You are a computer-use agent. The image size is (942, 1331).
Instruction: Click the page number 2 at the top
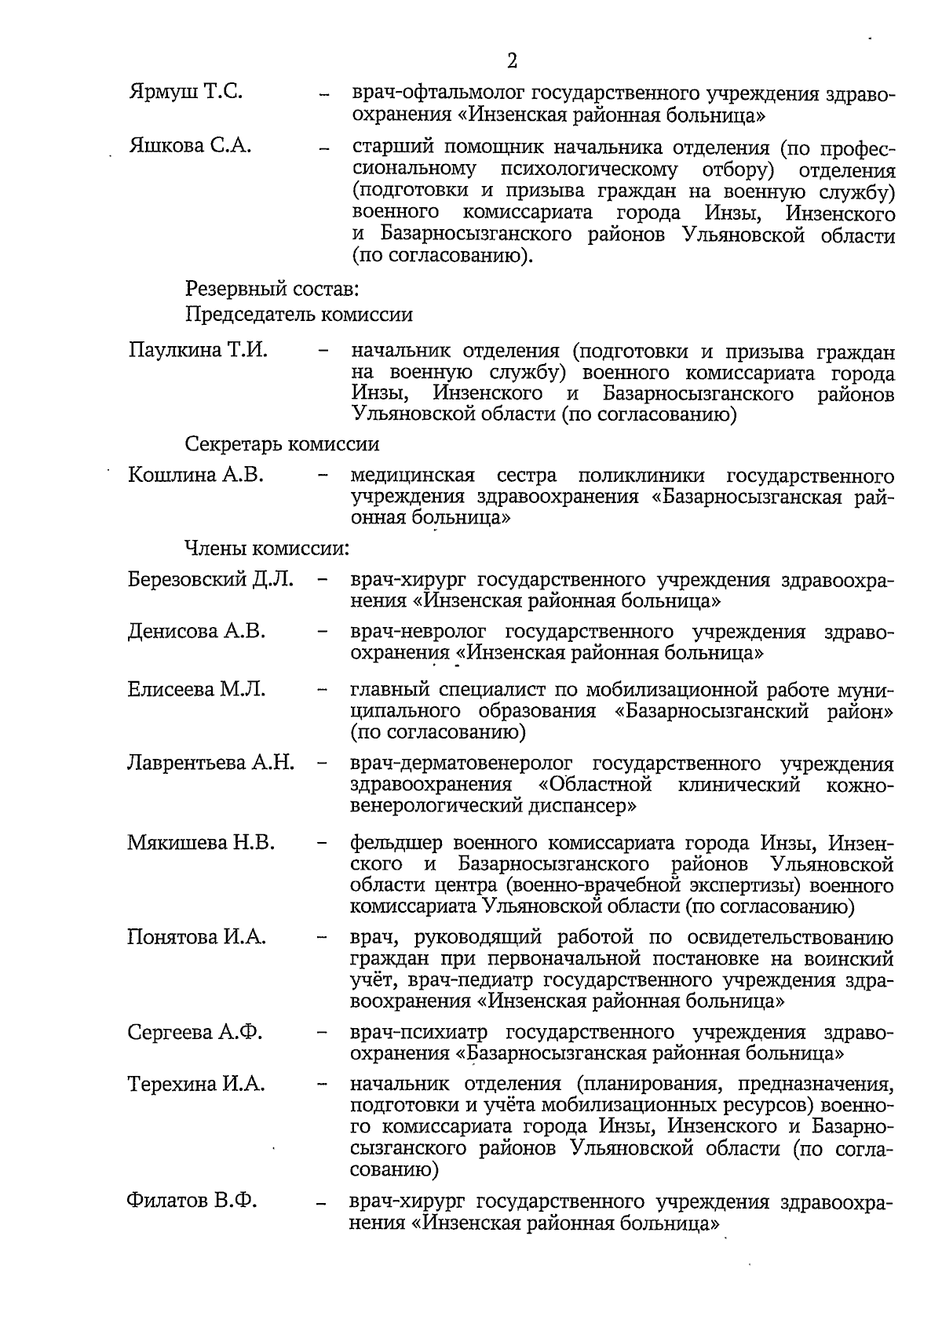tap(512, 61)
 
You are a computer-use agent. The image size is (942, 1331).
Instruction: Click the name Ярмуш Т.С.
tap(185, 93)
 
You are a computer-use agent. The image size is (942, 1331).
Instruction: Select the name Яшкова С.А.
tap(190, 146)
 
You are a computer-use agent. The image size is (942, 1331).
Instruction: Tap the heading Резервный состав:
tap(272, 290)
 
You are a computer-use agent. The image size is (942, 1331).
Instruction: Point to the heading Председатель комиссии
tap(299, 315)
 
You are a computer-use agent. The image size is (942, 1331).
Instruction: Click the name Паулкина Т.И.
tap(199, 350)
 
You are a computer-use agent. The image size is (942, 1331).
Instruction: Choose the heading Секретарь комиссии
tap(282, 444)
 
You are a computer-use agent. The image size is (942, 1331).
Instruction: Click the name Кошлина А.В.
tap(195, 476)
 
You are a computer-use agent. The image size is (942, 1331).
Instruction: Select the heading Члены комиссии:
tap(267, 549)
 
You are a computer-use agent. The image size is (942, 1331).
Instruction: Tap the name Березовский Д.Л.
tap(210, 580)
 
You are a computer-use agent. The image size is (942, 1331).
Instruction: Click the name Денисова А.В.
tap(196, 632)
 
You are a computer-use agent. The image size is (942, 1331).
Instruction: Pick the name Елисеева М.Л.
tap(196, 690)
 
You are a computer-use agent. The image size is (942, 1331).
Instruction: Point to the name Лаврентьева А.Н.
tap(210, 763)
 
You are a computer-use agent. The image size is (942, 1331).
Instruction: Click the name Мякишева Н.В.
tap(200, 843)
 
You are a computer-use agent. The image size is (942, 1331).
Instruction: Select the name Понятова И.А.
tap(196, 937)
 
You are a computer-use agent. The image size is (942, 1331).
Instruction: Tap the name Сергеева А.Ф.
tap(195, 1032)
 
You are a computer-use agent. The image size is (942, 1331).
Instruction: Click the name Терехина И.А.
tap(195, 1085)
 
